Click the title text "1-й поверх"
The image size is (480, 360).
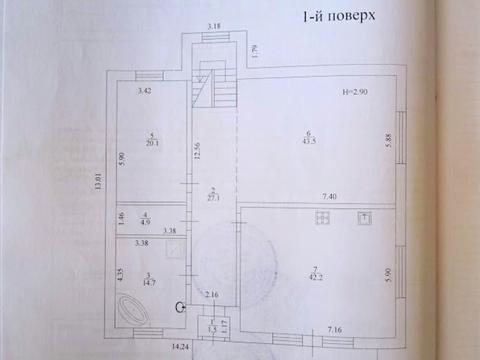(330, 18)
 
